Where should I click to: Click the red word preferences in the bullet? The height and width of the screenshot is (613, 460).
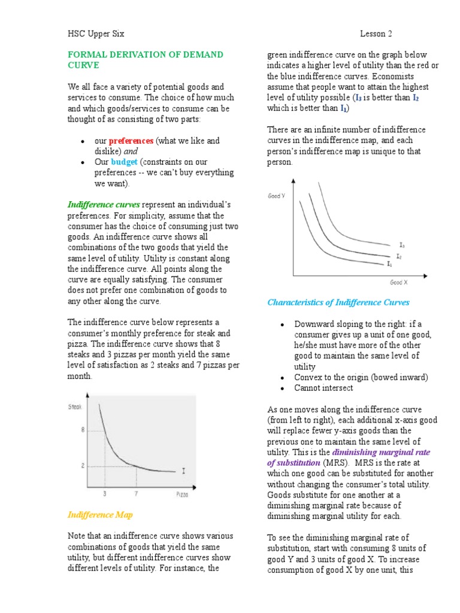[131, 141]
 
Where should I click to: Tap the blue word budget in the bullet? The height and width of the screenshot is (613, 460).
[124, 162]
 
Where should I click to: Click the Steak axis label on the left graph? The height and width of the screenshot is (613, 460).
[75, 406]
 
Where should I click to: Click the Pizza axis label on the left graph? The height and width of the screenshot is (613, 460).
[182, 494]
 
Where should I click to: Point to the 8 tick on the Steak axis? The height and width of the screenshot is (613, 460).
[83, 430]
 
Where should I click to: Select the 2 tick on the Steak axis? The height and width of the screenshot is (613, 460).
[83, 466]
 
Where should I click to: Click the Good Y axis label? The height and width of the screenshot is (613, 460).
[276, 196]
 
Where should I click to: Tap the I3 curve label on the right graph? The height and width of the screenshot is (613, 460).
[402, 245]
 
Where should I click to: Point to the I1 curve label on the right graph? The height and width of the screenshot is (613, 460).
[389, 263]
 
